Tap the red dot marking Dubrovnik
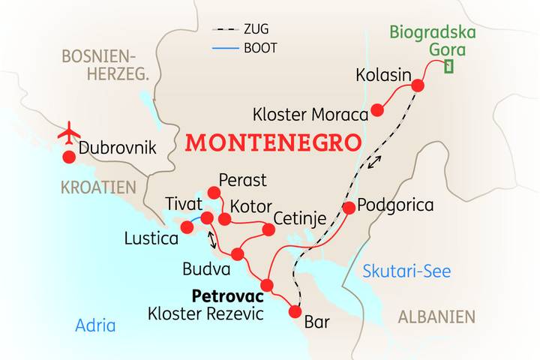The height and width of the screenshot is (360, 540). (x=69, y=157)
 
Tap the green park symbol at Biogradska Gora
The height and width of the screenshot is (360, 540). (x=448, y=66)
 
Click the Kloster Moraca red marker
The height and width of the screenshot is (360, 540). (x=377, y=110)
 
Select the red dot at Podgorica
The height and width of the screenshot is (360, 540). (x=349, y=207)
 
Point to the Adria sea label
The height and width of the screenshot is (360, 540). (x=95, y=325)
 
